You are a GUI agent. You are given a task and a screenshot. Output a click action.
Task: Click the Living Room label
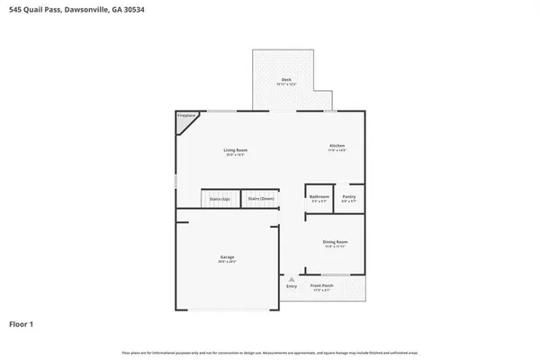(236, 149)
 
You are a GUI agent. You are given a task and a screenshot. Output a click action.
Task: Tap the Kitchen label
(337, 146)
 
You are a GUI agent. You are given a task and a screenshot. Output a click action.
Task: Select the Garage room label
(227, 256)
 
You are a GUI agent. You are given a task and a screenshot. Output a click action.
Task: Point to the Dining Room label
(336, 241)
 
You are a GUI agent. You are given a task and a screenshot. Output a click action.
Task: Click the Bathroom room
(319, 198)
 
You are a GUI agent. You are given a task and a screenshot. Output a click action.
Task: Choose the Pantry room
(349, 198)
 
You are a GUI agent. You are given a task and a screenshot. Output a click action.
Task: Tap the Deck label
(286, 80)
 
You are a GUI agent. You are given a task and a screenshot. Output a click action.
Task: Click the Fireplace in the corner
(186, 116)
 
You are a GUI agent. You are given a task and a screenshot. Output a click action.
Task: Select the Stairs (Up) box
(219, 198)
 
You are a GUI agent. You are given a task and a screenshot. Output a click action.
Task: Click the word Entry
(291, 286)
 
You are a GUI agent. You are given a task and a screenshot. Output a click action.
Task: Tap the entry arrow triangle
(291, 279)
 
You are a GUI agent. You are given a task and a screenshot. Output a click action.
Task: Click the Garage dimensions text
(227, 262)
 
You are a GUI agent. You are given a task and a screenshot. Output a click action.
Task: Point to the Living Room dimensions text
(236, 155)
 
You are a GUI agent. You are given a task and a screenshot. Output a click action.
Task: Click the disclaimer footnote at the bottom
(270, 352)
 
